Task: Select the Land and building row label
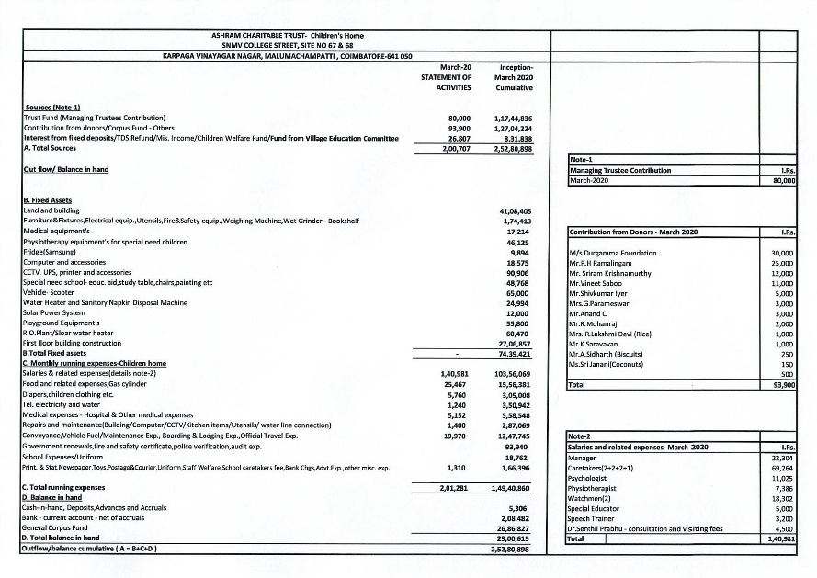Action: point(50,210)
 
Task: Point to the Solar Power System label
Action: point(53,313)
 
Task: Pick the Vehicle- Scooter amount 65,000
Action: point(518,292)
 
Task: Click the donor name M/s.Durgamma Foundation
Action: point(612,253)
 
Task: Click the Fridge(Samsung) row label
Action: point(50,252)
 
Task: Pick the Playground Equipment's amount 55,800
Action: point(518,323)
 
